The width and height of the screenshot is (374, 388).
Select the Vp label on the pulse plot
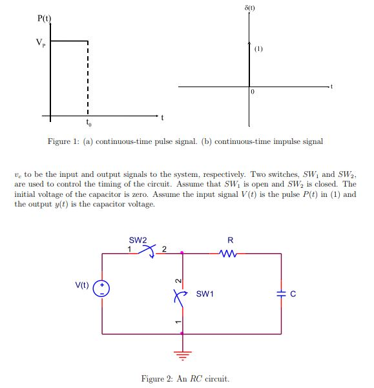(x=41, y=43)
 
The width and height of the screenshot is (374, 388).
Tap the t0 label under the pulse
(x=88, y=122)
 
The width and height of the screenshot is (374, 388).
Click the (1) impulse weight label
(x=258, y=48)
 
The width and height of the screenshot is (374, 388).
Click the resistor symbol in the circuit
(x=230, y=253)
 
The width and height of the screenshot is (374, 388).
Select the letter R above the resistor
(x=231, y=240)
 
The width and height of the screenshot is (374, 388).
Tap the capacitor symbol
(x=281, y=294)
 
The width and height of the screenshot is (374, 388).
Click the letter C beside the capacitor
(x=293, y=294)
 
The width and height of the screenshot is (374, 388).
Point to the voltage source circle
(x=102, y=289)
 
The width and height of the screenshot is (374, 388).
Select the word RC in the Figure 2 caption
(x=192, y=379)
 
